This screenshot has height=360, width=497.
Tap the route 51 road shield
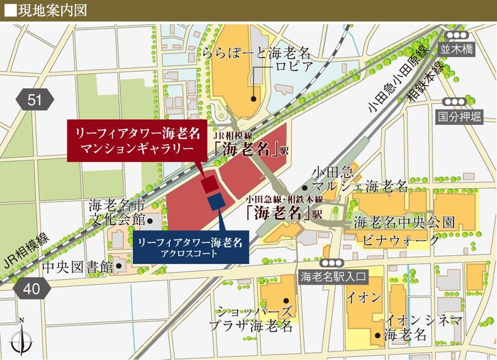[x=34, y=99]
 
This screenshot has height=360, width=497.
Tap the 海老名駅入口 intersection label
[x=333, y=276]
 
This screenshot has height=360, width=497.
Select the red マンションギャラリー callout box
[x=135, y=141]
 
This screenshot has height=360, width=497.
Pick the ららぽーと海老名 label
[x=257, y=53]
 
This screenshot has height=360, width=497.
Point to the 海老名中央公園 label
[x=404, y=222]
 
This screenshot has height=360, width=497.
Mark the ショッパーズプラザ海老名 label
[x=255, y=319]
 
